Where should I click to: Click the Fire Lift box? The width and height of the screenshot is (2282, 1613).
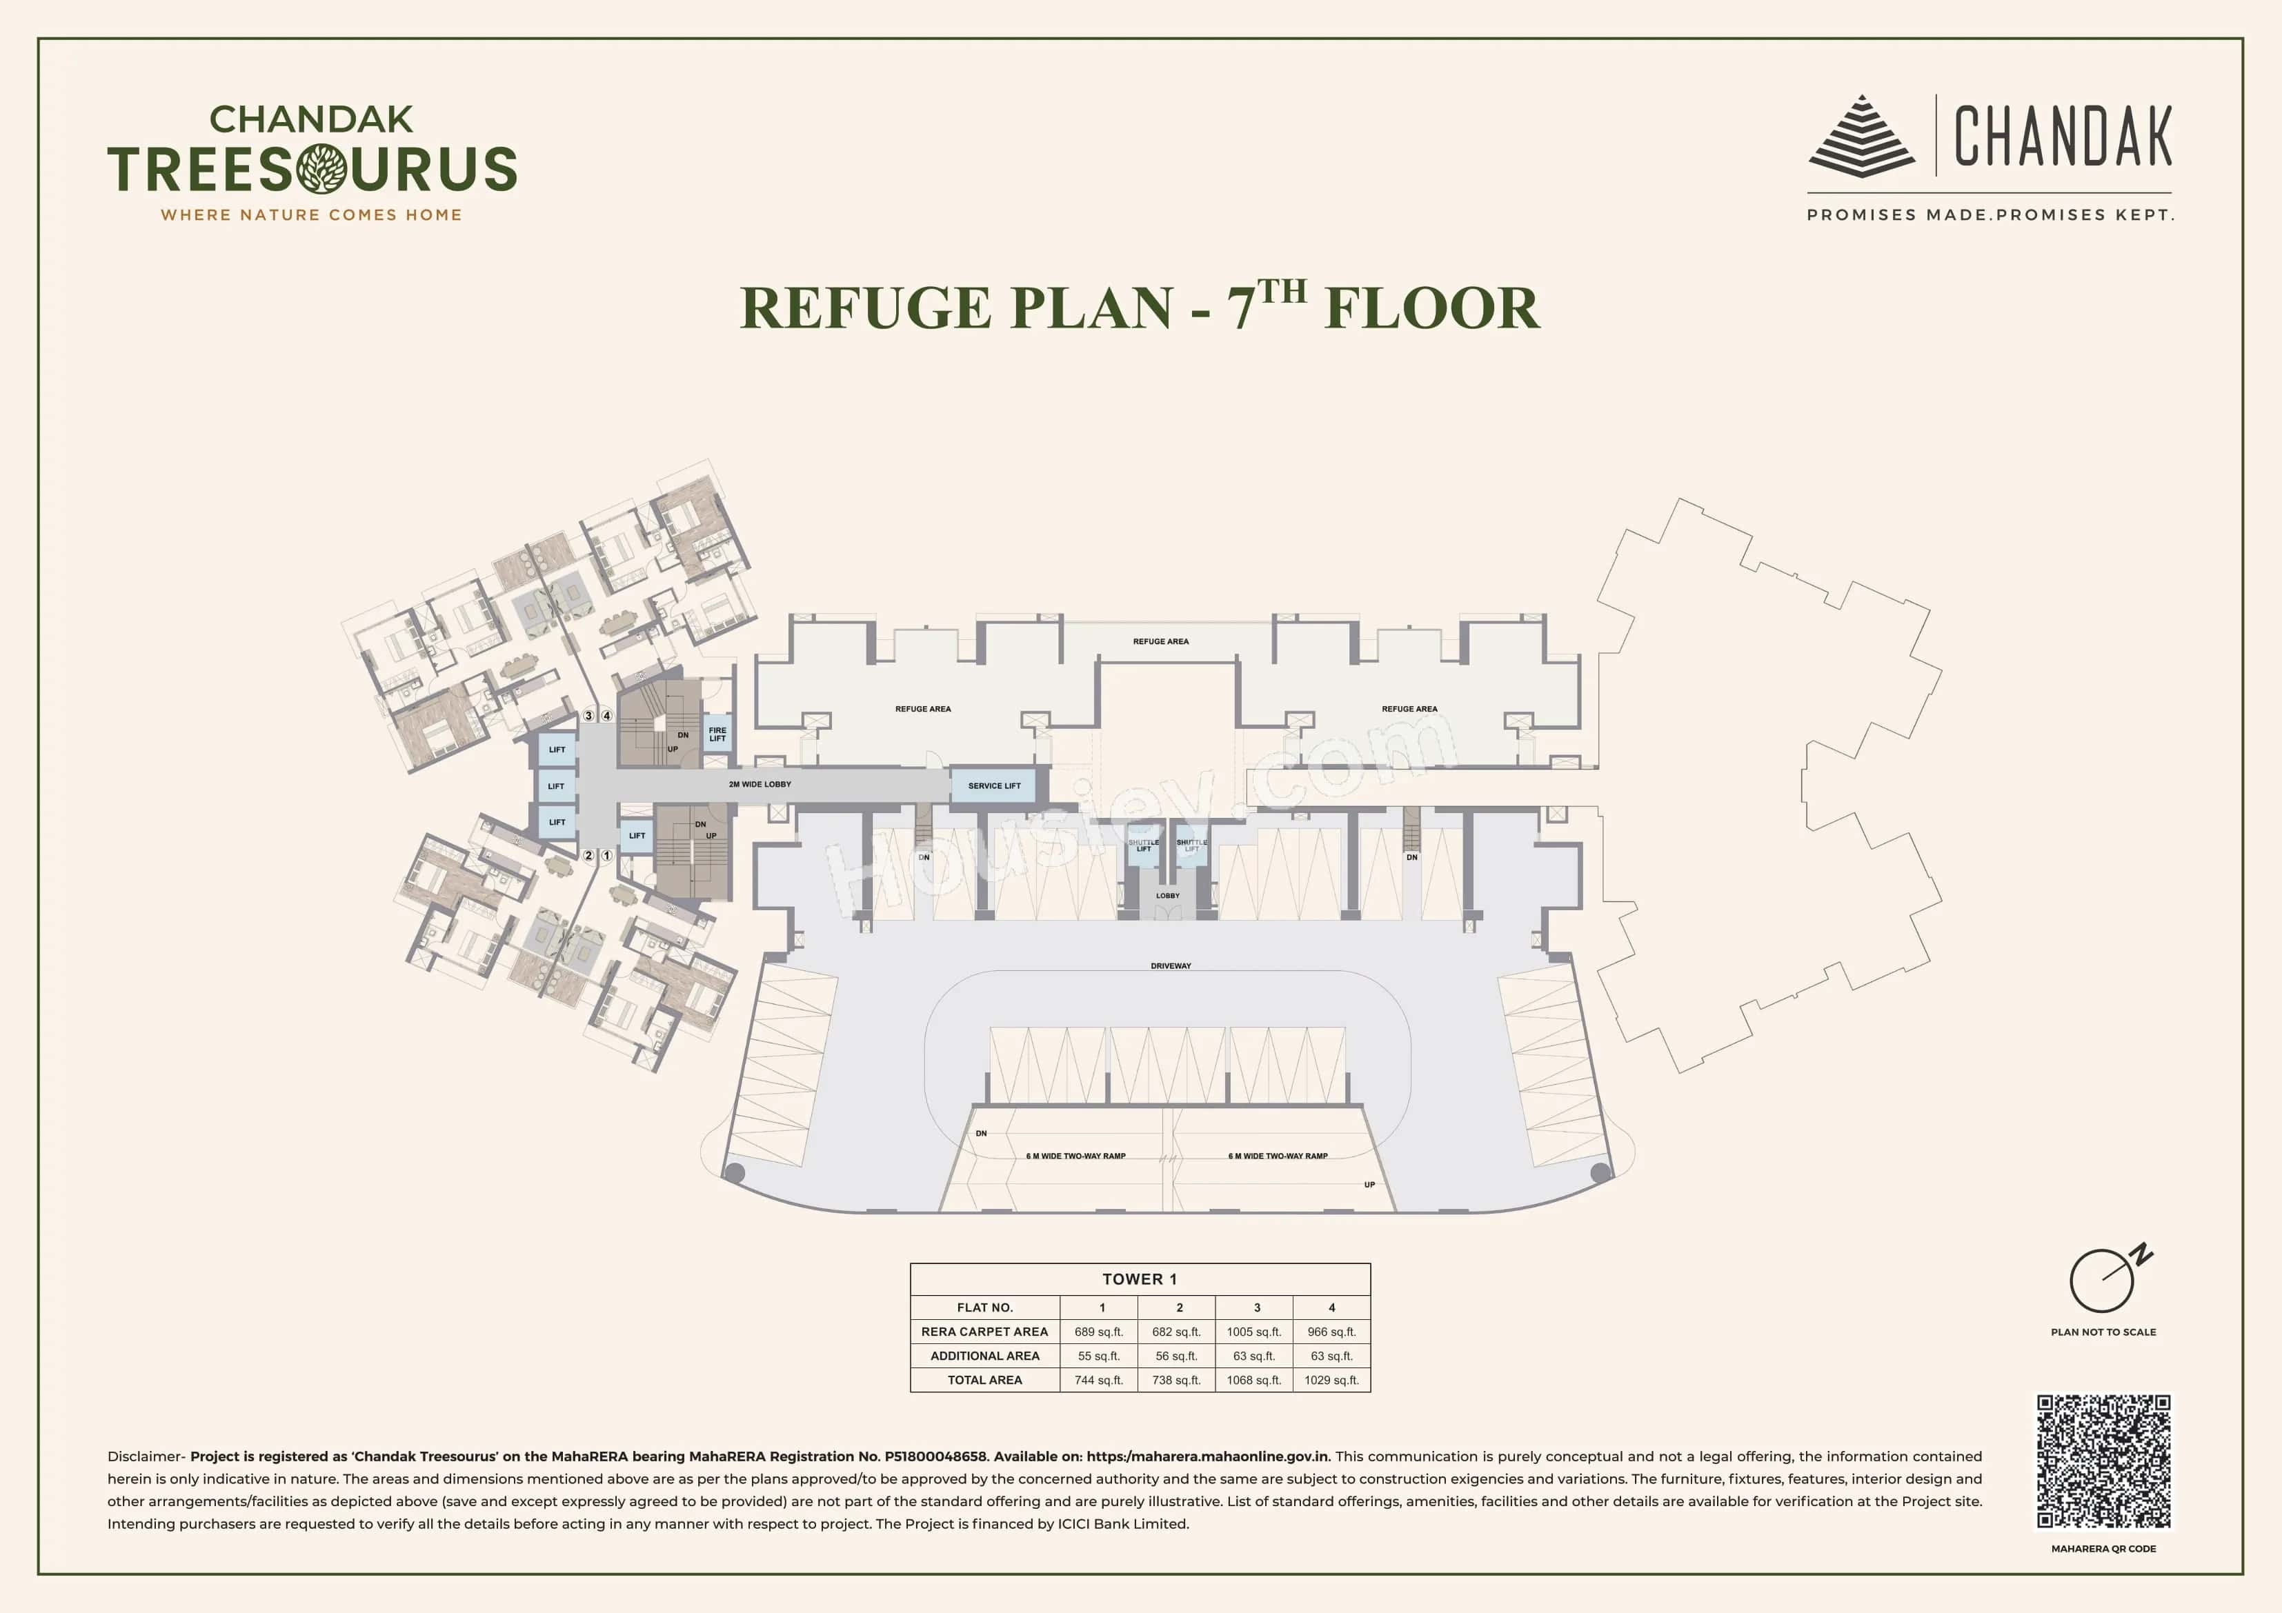[717, 734]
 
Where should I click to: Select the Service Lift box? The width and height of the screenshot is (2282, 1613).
[994, 785]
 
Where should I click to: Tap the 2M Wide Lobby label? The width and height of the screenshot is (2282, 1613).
[760, 784]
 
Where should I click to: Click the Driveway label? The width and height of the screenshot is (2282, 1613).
[1170, 965]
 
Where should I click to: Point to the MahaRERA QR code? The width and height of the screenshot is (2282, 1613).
[2103, 1461]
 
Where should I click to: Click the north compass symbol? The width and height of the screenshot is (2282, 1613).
[2103, 1280]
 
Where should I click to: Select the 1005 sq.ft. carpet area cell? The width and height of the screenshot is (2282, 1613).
[1253, 1332]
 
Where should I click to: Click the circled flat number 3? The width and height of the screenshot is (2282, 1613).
[588, 716]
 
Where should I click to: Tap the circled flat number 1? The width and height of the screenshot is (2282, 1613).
[606, 854]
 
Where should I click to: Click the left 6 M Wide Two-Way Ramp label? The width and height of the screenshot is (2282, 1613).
[1075, 1156]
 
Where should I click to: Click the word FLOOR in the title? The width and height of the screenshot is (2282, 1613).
[1431, 308]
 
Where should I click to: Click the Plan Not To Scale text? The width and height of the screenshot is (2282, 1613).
[2103, 1332]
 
